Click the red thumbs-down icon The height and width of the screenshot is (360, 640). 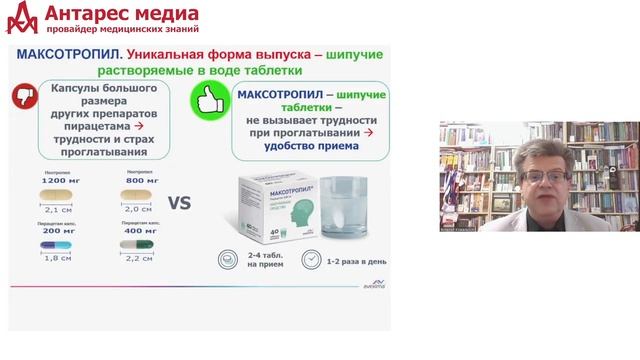tap(27, 96)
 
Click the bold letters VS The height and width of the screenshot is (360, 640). tap(179, 203)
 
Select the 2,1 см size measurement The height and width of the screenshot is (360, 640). tap(58, 209)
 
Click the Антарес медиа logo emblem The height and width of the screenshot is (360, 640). tap(21, 16)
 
